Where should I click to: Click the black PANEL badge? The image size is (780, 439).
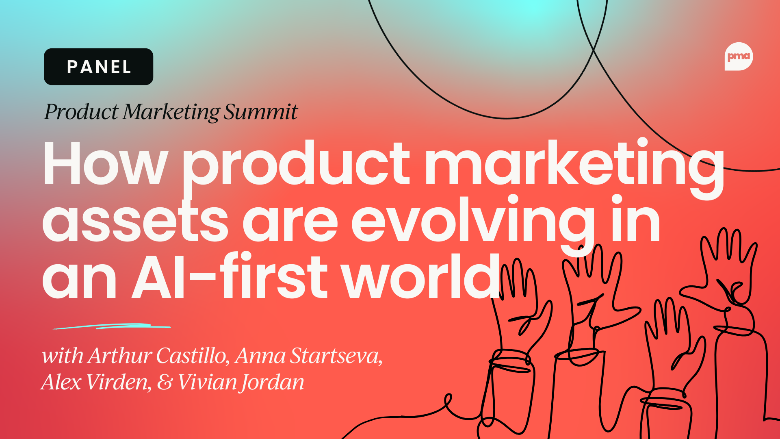pos(98,67)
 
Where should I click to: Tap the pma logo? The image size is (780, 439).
pos(739,57)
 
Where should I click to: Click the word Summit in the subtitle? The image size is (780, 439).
pos(260,112)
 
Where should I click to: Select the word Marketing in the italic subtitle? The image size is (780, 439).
pos(171,112)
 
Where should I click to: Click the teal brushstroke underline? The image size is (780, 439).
pos(112,326)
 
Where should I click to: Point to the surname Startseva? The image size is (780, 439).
pos(337,356)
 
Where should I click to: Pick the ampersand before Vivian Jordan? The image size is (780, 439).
pos(165,382)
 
